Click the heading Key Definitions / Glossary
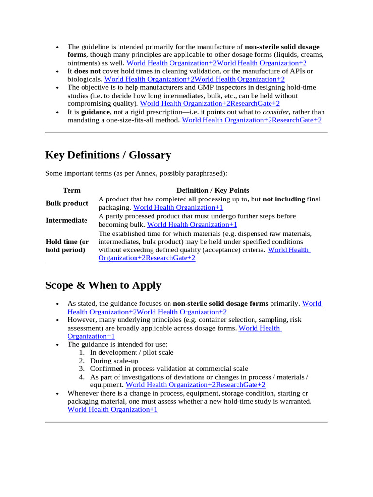click(x=108, y=155)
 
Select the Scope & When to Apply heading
click(x=103, y=285)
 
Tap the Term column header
click(x=71, y=190)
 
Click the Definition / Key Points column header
click(x=213, y=190)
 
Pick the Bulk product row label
click(x=67, y=203)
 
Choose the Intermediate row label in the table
click(x=67, y=220)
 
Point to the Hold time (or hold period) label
click(x=68, y=246)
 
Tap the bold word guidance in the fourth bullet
click(x=92, y=112)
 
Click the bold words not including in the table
click(x=284, y=199)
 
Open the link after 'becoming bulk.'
click(x=192, y=225)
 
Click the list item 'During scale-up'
click(x=114, y=361)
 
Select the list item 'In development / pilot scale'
click(x=132, y=352)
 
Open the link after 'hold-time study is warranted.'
click(x=113, y=410)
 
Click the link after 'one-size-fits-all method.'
click(x=251, y=120)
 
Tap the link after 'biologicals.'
click(x=194, y=79)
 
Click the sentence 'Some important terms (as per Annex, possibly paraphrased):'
click(x=136, y=173)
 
